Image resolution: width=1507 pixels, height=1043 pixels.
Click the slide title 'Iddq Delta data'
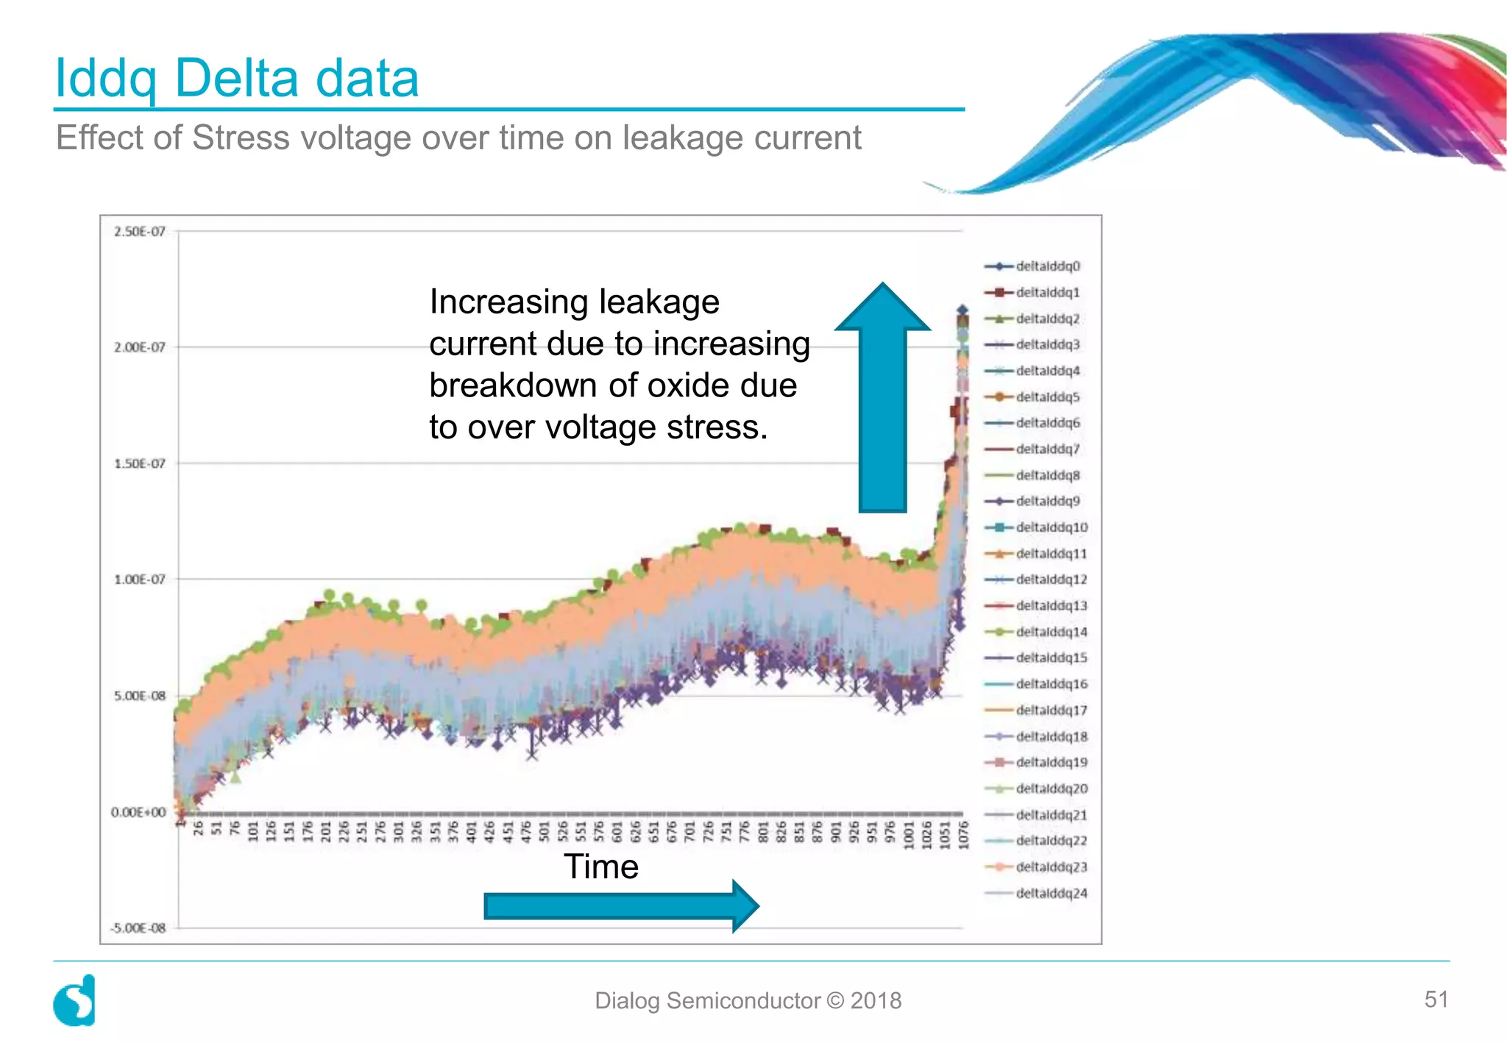point(237,79)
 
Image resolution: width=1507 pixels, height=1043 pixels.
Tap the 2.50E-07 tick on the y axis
point(139,232)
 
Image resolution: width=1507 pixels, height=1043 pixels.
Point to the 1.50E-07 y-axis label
point(139,463)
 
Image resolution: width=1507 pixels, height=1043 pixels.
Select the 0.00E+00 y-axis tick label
point(138,812)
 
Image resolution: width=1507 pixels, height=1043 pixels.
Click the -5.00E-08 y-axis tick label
point(138,928)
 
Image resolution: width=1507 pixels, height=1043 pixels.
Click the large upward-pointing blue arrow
point(882,397)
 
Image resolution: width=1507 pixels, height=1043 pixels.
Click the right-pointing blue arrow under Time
point(620,906)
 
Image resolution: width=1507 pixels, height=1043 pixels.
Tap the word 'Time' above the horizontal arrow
point(600,866)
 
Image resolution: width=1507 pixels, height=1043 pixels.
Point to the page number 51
point(1436,999)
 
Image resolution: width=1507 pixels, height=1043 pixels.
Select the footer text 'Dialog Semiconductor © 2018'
point(748,1000)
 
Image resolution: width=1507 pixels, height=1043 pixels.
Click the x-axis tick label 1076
point(964,836)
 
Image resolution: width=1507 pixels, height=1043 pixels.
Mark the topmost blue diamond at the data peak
point(962,310)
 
